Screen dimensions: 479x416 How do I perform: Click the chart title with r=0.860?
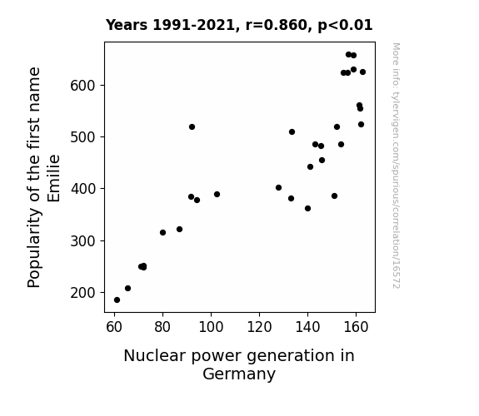pos(239,25)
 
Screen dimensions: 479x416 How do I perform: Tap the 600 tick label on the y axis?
pos(82,86)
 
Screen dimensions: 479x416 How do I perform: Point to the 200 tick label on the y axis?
pos(82,293)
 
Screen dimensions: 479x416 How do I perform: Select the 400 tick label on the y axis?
pos(82,189)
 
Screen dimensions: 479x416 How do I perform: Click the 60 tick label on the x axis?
pos(114,327)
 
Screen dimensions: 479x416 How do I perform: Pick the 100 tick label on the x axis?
pos(211,327)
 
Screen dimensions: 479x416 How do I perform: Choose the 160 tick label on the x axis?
pos(356,327)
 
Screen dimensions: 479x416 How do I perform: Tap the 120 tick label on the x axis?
pos(259,327)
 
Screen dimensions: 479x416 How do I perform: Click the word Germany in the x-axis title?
pos(239,374)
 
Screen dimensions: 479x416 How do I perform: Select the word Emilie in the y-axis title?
pos(54,179)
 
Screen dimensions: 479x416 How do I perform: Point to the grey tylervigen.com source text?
pos(396,166)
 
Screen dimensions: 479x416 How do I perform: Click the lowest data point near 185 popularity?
pos(117,300)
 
